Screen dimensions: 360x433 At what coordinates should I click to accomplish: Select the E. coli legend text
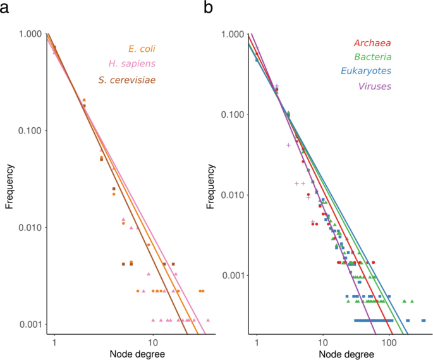point(142,49)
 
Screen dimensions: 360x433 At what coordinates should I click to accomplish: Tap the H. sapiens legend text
point(132,64)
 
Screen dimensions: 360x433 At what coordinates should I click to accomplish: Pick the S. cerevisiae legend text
point(127,80)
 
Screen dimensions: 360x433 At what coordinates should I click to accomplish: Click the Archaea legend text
point(372,44)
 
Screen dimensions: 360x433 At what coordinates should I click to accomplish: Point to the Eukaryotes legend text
point(365,71)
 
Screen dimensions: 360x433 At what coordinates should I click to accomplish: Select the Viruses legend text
point(374,86)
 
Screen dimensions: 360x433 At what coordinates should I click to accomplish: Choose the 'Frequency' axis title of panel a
point(9,184)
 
